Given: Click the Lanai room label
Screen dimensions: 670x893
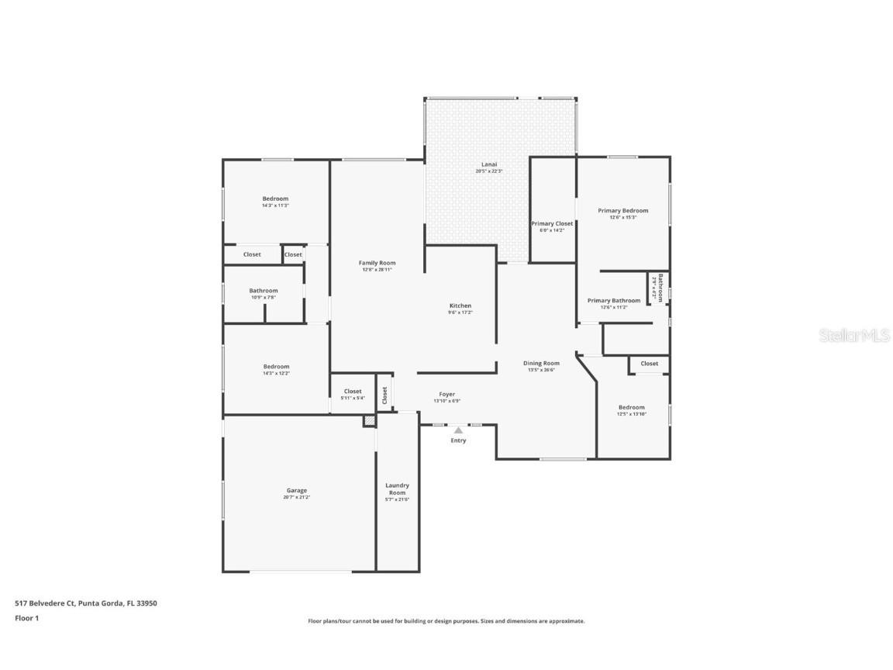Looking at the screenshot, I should coord(488,164).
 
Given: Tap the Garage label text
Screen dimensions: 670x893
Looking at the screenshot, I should coord(296,490).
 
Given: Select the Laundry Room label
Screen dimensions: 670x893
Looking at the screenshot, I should coord(397,489).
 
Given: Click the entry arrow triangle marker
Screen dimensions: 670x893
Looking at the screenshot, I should coord(458,430).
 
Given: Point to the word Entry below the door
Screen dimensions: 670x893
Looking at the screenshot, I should coord(458,440).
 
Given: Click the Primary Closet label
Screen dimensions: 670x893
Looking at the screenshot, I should coord(552,223).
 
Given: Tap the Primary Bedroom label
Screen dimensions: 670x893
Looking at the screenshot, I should coord(622,210).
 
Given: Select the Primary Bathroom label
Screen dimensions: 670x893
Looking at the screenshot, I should coord(613,301).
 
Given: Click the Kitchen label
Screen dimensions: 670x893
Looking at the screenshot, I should coord(460,306).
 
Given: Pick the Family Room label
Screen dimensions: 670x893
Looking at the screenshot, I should coord(377,263).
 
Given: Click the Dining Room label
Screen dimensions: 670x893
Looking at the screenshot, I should coord(540,363).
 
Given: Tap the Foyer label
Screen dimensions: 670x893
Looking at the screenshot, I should coord(446,394).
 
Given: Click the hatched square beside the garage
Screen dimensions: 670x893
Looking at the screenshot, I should coord(370,420).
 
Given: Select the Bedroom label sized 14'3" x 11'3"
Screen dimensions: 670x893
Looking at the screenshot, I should coord(275,199).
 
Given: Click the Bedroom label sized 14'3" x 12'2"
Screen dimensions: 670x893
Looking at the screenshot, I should coord(275,367).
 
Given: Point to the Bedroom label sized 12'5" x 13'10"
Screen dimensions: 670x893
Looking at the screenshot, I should coord(631,407).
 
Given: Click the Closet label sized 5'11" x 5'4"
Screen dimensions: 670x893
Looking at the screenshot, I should coord(353,392).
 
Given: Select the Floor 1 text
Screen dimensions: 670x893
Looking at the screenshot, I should coord(26,618).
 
